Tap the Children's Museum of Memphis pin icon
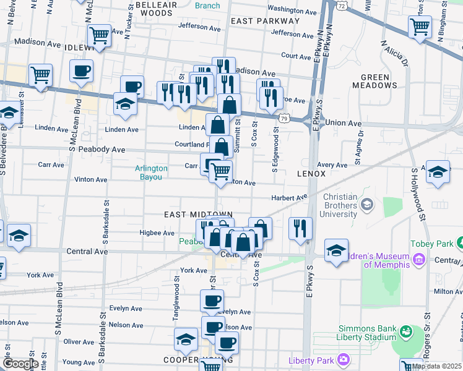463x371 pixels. (418, 259)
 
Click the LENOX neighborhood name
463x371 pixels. (311, 174)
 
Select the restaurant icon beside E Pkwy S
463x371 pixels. (300, 227)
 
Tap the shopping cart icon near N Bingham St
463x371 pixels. (420, 27)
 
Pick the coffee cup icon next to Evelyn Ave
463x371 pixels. (212, 301)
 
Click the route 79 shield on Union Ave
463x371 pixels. (283, 117)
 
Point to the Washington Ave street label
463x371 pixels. (293, 9)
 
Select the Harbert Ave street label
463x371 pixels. (289, 198)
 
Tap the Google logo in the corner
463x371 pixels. (20, 364)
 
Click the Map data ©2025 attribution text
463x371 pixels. (436, 366)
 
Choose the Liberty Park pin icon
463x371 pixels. (344, 359)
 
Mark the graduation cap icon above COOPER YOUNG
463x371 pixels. (185, 339)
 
